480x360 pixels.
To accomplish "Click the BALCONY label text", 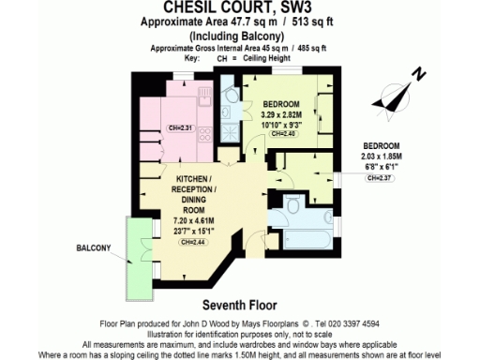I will (95, 248).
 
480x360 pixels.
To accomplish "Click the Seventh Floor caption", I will (240, 306).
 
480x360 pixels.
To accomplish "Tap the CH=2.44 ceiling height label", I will (193, 242).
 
